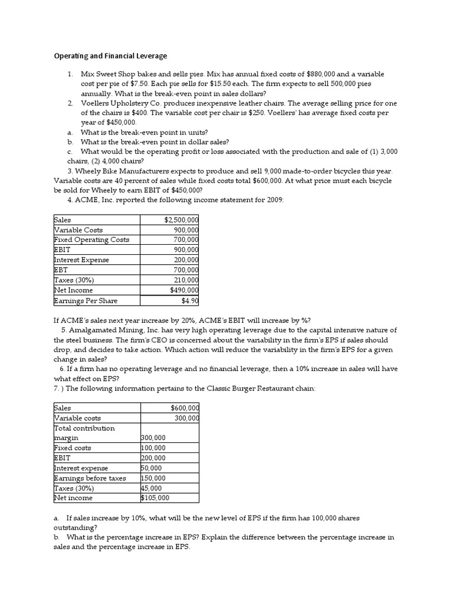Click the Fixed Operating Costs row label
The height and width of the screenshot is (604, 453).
91,240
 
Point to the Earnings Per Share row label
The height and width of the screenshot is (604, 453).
86,301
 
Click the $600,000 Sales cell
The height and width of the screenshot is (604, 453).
185,408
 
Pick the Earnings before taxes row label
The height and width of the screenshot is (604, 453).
90,478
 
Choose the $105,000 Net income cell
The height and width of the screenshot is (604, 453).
155,498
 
